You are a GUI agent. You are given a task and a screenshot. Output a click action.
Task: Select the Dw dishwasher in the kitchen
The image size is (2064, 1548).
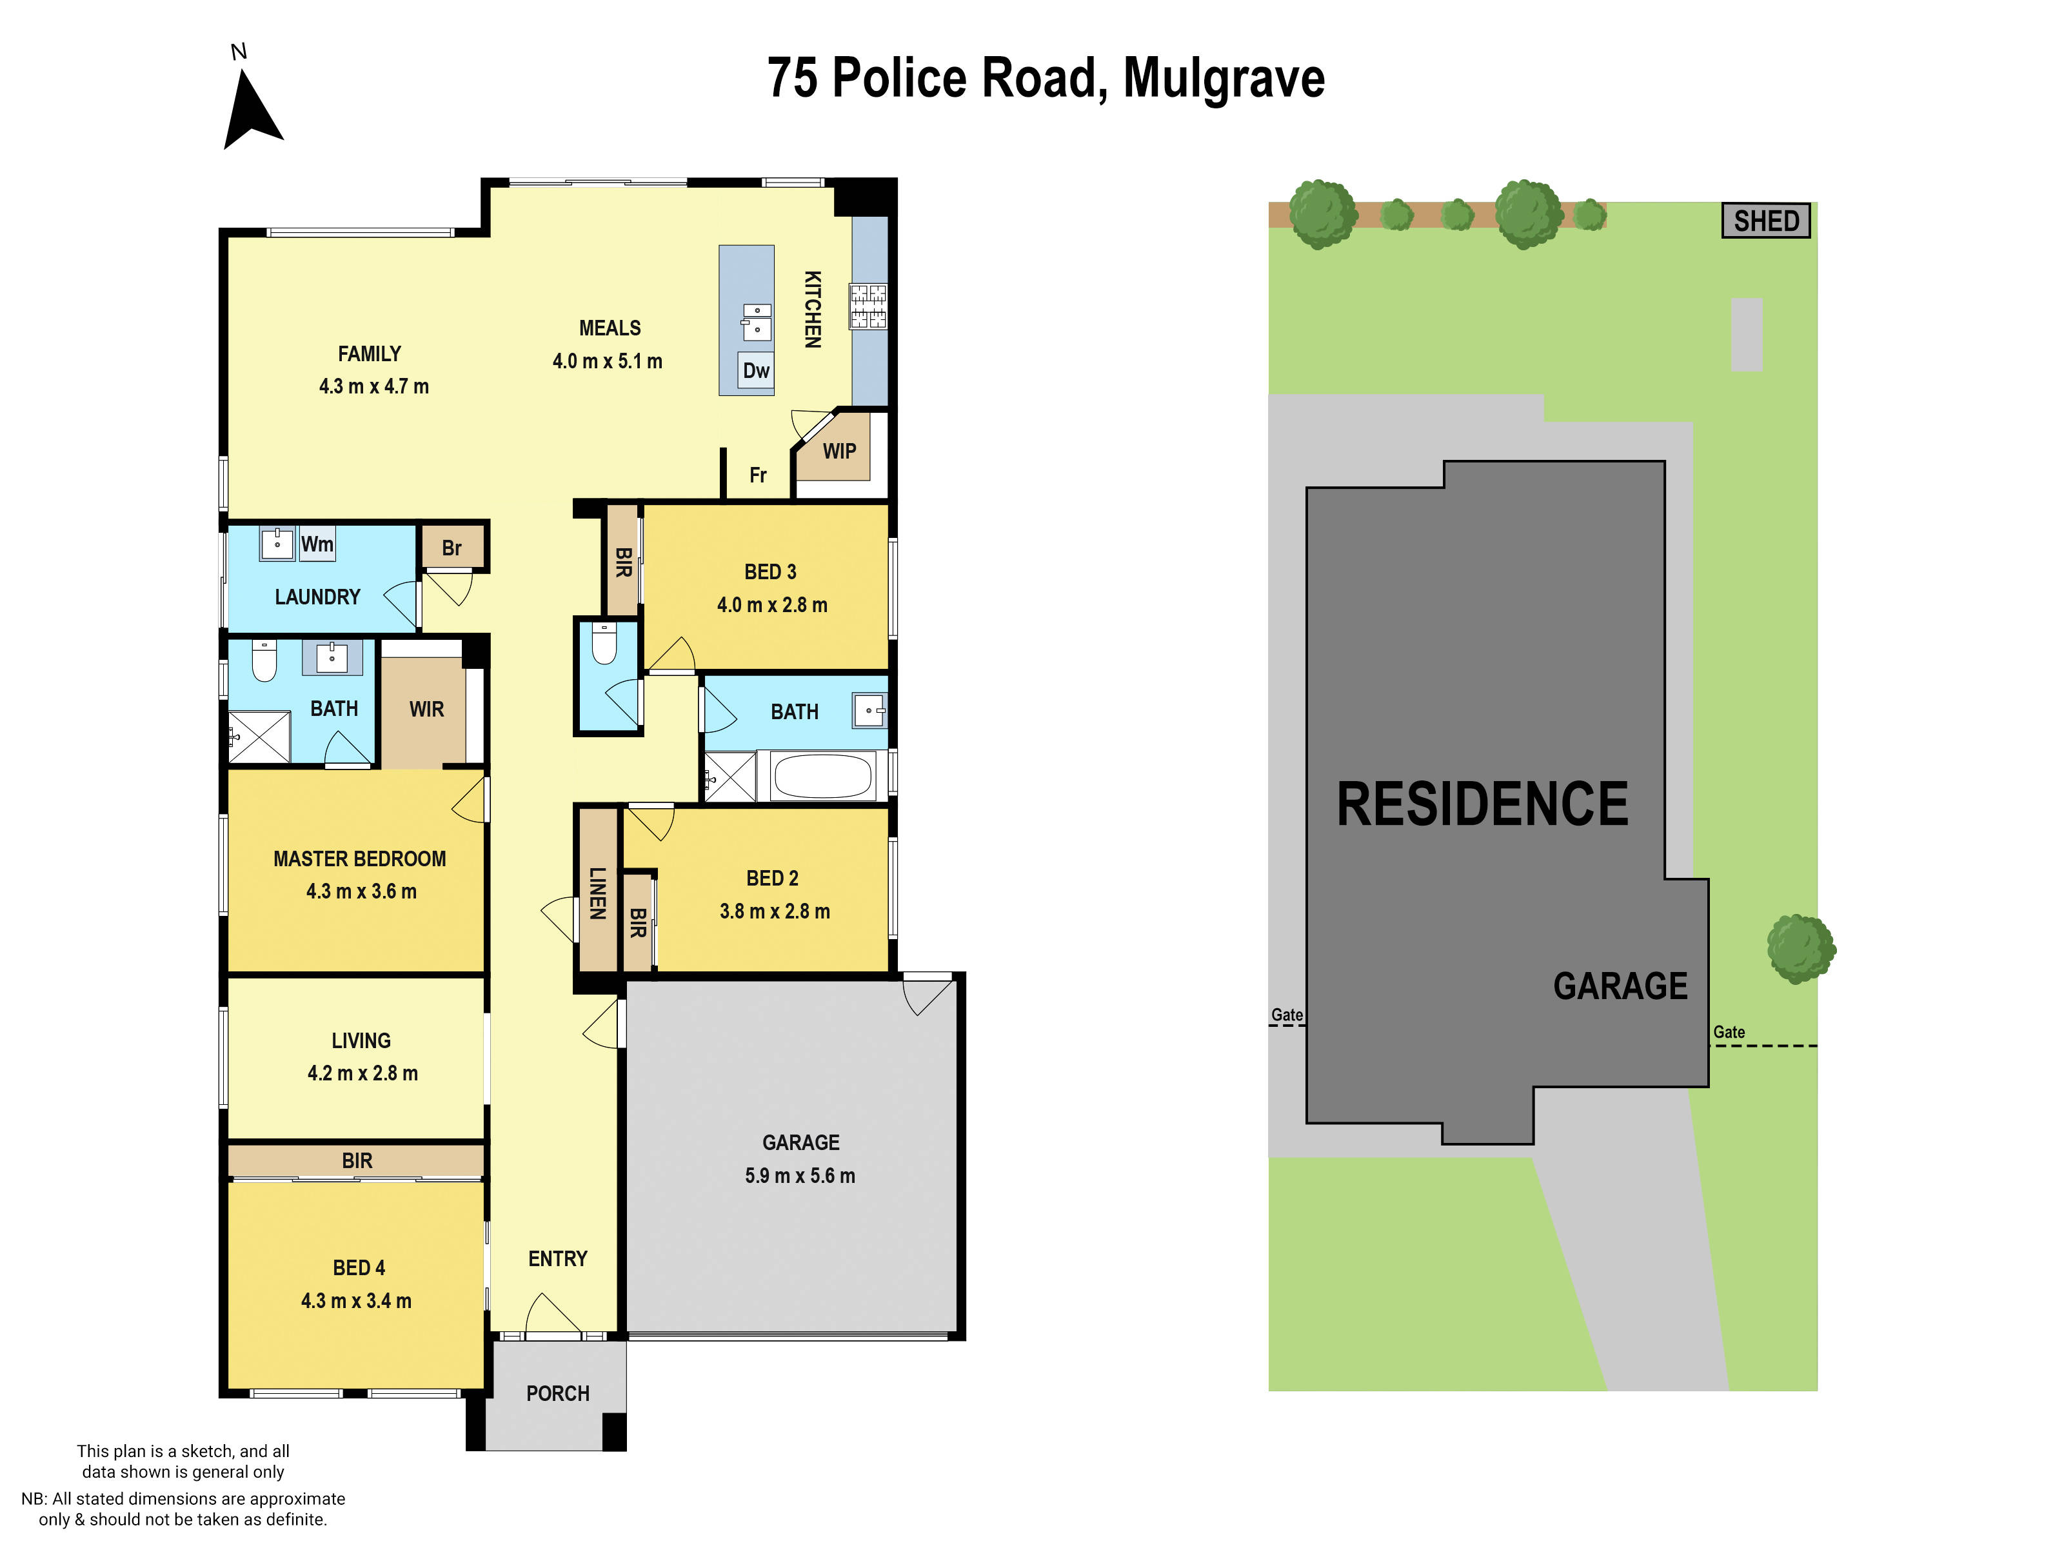755,370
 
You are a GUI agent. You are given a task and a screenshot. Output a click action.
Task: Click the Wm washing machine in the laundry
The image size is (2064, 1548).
316,544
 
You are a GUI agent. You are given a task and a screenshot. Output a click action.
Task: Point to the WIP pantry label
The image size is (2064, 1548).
839,451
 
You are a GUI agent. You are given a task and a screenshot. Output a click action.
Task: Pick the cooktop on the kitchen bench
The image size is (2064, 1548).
868,306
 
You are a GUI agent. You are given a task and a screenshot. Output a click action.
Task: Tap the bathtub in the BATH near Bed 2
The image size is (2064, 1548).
822,775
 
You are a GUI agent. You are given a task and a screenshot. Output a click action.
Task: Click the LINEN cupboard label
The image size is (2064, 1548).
598,893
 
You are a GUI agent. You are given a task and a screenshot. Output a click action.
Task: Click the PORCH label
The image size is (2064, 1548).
558,1394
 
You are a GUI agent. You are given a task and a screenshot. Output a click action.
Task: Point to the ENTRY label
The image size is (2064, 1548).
558,1260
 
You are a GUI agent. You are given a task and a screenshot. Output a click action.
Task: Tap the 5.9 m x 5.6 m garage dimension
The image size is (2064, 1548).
800,1176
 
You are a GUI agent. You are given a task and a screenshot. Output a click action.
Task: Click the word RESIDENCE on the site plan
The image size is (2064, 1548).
1482,804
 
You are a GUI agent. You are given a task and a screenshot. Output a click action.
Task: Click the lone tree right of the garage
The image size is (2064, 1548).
1800,949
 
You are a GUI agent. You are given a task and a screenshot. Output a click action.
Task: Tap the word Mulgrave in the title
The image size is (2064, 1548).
1224,79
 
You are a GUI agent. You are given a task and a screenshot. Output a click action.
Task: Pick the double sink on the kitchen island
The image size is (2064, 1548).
757,321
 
